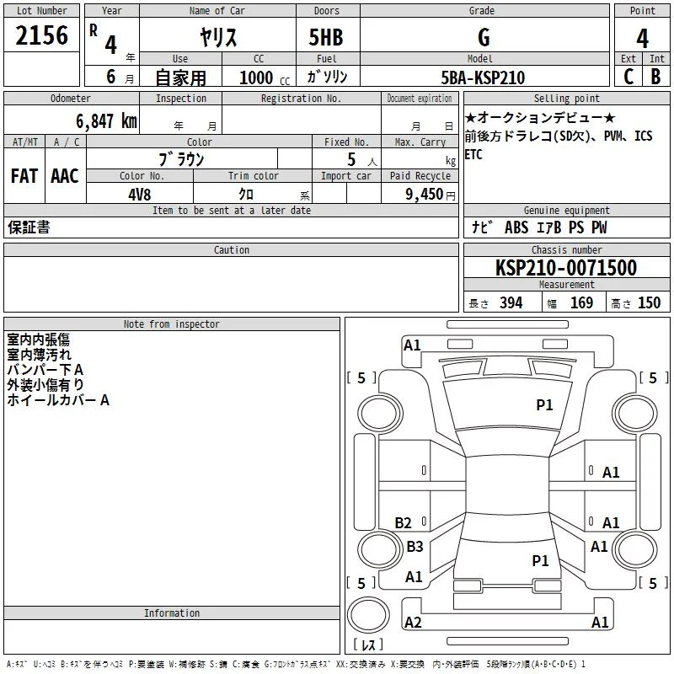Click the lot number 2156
(41, 35)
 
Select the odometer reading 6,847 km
(107, 121)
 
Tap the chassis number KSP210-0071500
(566, 267)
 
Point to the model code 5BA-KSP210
(483, 78)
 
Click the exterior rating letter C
(629, 77)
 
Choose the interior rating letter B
(655, 77)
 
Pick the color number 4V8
(139, 195)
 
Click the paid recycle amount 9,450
(424, 195)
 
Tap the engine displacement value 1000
(256, 78)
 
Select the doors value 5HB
(326, 37)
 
